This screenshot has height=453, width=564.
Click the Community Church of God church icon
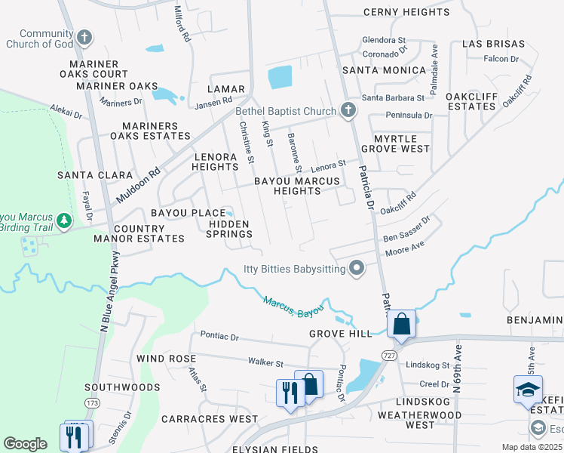pos(84,38)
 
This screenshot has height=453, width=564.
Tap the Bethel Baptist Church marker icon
pos(348,111)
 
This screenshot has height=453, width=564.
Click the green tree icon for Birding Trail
pos(65,220)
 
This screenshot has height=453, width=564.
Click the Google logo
pos(25,444)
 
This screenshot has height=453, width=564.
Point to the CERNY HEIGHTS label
pos(406,12)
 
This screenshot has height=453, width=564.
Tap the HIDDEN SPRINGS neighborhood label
pos(229,229)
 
